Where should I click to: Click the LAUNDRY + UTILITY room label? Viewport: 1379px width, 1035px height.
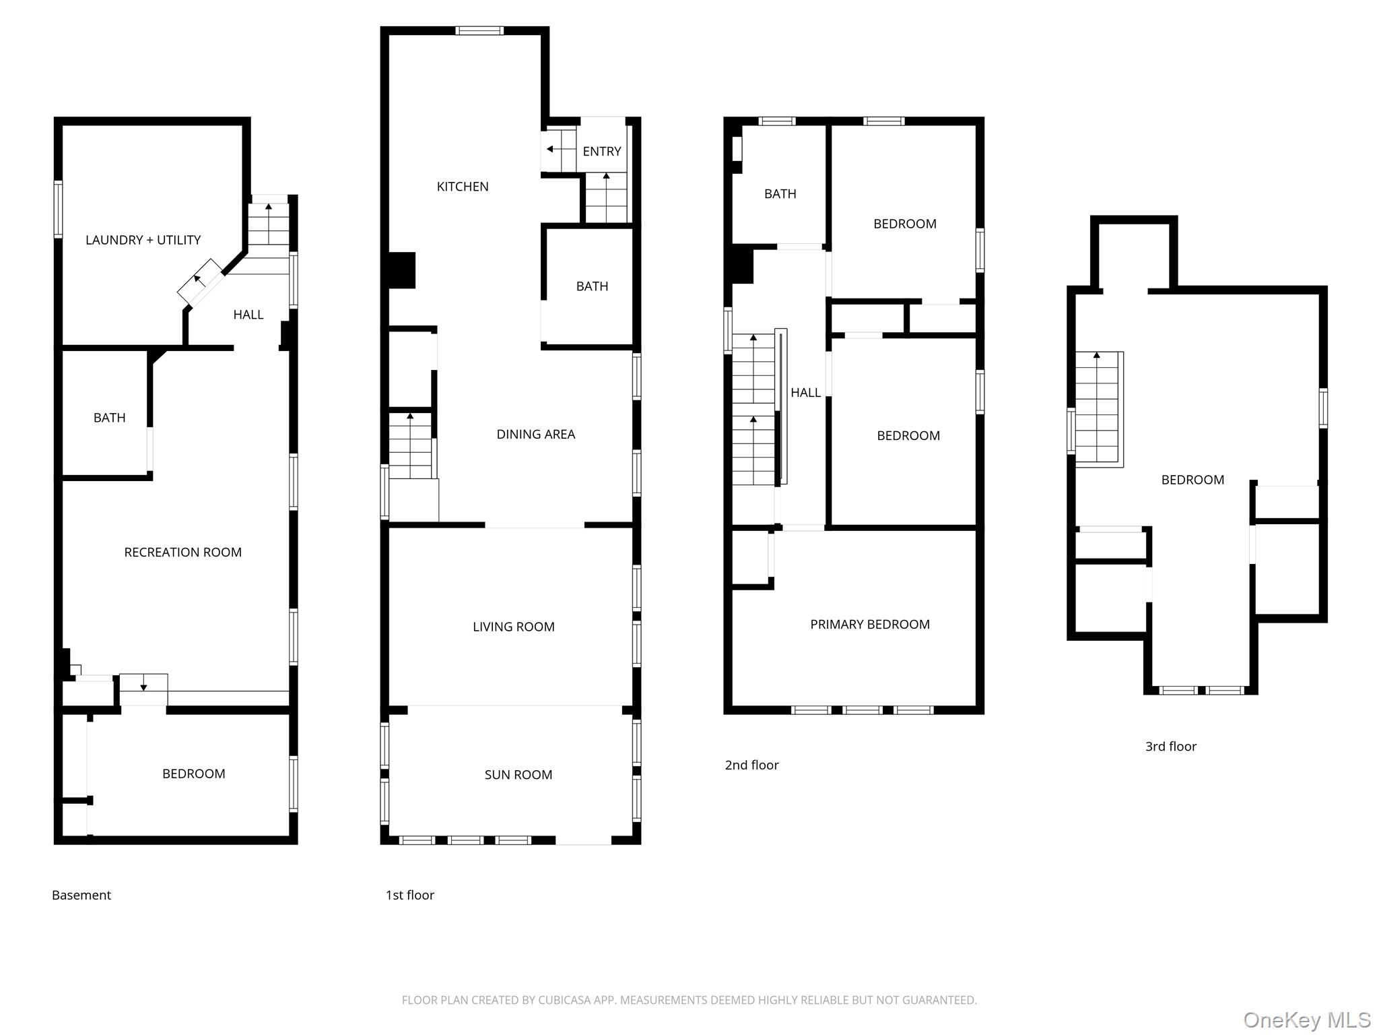[x=143, y=240]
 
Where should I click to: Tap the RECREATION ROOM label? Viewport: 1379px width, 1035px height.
[x=182, y=552]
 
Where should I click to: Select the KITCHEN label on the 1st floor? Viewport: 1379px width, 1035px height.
[x=463, y=187]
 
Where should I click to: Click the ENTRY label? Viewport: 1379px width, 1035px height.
[x=601, y=152]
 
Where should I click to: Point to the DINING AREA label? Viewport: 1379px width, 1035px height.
[x=535, y=435]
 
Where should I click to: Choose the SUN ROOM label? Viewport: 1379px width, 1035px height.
[x=518, y=775]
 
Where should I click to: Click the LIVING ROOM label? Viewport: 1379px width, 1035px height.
[x=513, y=627]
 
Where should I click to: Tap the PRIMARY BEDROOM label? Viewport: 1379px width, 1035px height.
[x=869, y=625]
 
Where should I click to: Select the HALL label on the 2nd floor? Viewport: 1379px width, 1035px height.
[x=805, y=393]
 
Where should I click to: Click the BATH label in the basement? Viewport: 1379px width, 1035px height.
[x=109, y=418]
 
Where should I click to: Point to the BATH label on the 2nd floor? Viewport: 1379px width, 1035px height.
[x=780, y=194]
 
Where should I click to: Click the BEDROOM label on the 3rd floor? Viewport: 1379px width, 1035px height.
[x=1192, y=480]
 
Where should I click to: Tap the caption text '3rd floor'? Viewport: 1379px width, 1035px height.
[x=1170, y=747]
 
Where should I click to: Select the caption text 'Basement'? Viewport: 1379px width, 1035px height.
[x=81, y=895]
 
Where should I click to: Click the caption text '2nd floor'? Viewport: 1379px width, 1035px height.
[x=751, y=765]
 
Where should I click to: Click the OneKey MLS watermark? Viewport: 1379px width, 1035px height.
[x=1306, y=1020]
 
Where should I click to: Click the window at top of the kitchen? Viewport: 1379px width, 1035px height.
[x=479, y=30]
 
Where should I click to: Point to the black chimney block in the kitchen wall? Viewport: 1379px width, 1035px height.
[x=402, y=270]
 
